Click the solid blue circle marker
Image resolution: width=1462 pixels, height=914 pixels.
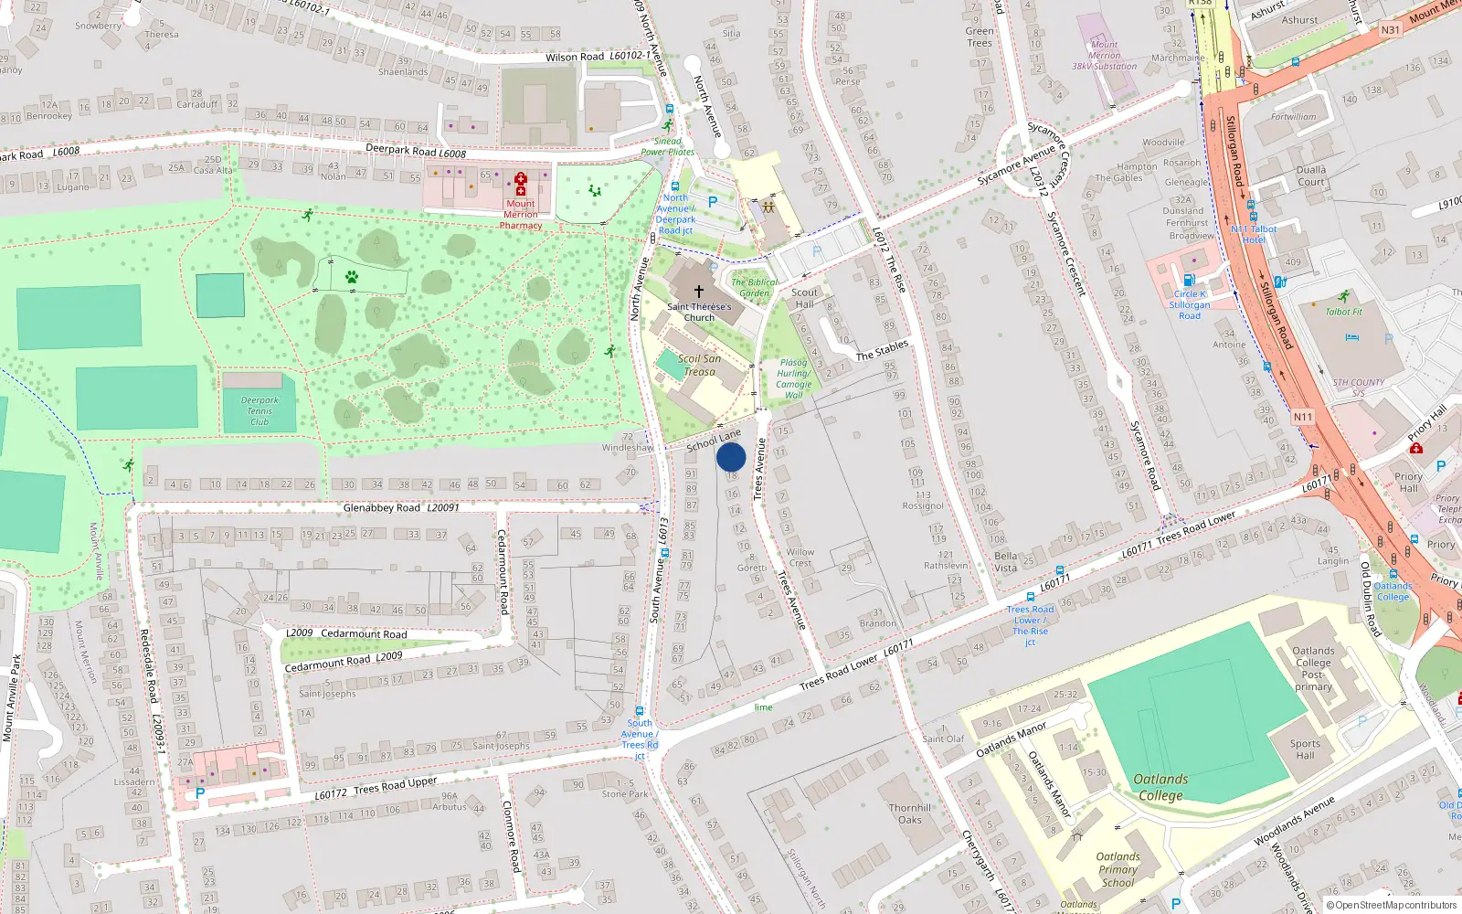tap(731, 457)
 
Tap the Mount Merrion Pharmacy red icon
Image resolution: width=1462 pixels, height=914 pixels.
tap(521, 183)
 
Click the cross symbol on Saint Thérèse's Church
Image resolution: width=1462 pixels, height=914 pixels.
tap(699, 291)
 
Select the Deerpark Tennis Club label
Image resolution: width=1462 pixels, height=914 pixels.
tap(260, 410)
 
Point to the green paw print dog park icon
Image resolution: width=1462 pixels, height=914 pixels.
tap(351, 276)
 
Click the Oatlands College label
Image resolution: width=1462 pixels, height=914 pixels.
tap(1160, 787)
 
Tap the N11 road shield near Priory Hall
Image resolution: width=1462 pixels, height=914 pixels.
tap(1302, 417)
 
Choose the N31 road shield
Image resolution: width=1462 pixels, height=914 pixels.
tap(1390, 30)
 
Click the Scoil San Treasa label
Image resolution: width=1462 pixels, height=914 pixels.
tap(699, 365)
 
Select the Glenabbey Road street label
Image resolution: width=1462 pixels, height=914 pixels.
tap(382, 507)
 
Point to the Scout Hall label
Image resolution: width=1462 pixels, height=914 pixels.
tap(804, 298)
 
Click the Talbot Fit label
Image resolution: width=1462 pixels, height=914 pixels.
tap(1343, 312)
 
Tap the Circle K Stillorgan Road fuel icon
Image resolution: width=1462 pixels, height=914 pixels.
tap(1189, 281)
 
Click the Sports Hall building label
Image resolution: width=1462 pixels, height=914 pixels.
tap(1305, 749)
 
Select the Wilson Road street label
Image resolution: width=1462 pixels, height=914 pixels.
tap(575, 57)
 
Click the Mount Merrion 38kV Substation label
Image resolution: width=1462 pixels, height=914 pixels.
tap(1104, 55)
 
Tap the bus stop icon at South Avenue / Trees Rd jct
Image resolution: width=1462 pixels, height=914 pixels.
tap(640, 711)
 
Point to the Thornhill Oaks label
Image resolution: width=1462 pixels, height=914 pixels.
tap(910, 813)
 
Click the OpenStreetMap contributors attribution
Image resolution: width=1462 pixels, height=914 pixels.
tap(1391, 905)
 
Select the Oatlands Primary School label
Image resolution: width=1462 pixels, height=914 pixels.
tap(1118, 869)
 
